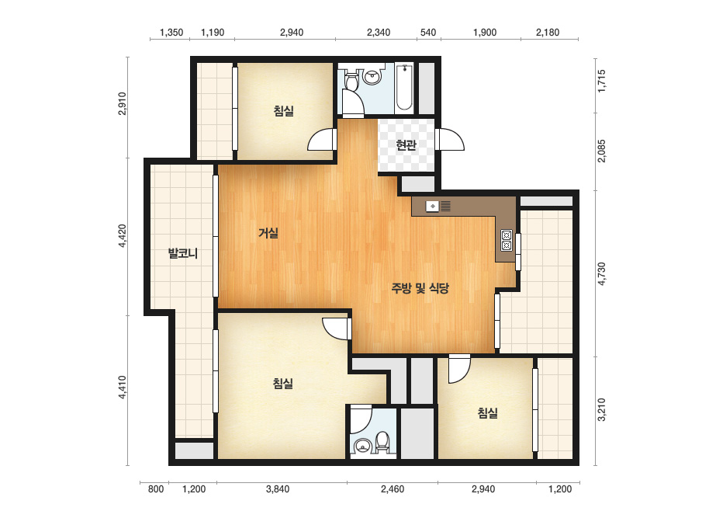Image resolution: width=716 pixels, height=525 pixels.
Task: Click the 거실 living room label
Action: [x=268, y=233]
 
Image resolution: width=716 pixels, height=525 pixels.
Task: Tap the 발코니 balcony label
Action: [x=182, y=253]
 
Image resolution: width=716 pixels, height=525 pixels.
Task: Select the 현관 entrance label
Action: [x=406, y=145]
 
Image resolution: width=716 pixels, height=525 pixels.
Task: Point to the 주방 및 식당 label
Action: [x=420, y=288]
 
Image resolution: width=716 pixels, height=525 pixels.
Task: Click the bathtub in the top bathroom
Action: [x=404, y=87]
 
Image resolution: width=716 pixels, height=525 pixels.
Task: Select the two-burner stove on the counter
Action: [x=507, y=241]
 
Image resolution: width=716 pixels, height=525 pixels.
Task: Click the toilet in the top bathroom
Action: [x=351, y=80]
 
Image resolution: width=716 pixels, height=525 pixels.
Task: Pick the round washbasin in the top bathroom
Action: [x=372, y=76]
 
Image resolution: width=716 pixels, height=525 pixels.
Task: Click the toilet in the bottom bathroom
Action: [x=382, y=442]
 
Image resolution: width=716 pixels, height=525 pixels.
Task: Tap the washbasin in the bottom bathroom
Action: [x=363, y=445]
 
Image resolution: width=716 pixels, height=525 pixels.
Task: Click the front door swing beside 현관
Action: [x=449, y=140]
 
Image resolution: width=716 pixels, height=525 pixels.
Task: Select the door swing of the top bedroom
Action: [x=323, y=140]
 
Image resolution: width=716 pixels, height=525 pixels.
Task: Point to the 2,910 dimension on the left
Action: [x=122, y=103]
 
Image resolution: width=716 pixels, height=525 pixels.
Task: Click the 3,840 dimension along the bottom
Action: [x=278, y=489]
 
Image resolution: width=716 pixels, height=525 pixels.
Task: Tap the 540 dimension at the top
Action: [x=428, y=33]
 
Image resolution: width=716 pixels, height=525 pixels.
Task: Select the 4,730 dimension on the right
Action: [x=601, y=274]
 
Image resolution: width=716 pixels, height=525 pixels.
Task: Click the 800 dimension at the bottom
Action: [x=156, y=489]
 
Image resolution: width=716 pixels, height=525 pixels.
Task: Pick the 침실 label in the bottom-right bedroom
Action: [x=488, y=413]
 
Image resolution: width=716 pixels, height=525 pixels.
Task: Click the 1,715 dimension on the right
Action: [x=601, y=81]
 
